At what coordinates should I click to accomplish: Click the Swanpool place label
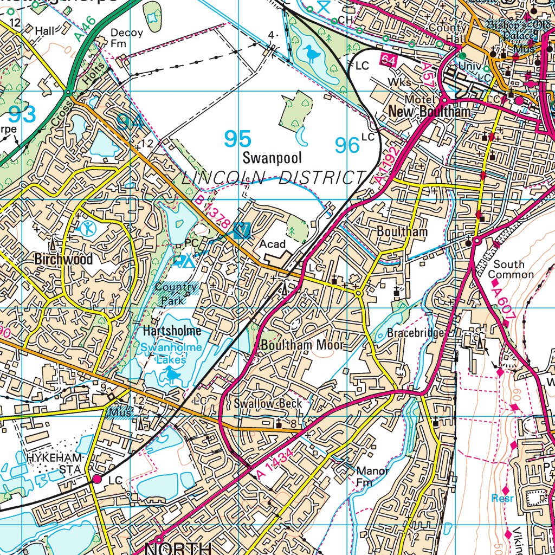265,158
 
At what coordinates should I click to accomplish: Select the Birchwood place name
63,259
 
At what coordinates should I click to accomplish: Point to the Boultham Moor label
302,345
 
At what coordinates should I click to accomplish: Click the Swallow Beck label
267,404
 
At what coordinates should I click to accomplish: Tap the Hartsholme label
172,331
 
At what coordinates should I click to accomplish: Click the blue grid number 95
238,139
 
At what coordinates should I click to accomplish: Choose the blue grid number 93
22,114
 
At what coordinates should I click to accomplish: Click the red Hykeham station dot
98,479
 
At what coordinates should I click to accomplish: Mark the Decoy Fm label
126,38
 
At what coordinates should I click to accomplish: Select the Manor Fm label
372,476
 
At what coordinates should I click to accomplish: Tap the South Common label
510,269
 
